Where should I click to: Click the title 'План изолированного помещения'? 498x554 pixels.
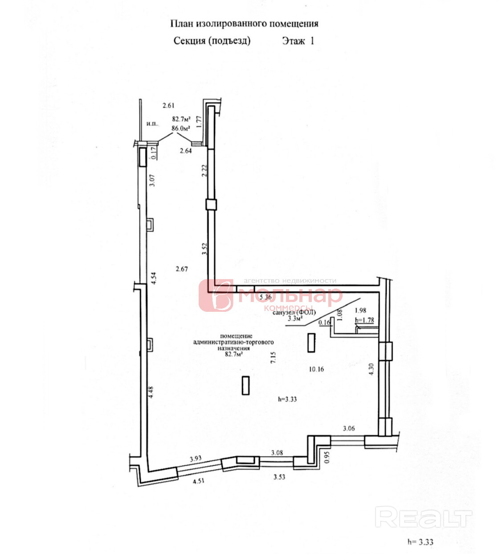click(244, 24)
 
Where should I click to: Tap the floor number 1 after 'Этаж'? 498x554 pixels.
click(312, 41)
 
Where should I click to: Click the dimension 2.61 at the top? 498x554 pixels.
click(168, 106)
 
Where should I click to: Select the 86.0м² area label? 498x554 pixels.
click(181, 128)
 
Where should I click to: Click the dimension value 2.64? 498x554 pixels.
click(186, 151)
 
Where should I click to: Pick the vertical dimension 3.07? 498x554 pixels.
click(152, 180)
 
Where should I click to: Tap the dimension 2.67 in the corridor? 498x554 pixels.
click(182, 269)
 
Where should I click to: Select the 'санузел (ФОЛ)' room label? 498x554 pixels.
click(294, 312)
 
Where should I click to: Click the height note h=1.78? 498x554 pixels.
click(364, 320)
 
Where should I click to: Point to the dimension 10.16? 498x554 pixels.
click(316, 369)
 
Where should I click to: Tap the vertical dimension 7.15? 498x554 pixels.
click(273, 358)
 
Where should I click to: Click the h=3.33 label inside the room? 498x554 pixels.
click(287, 399)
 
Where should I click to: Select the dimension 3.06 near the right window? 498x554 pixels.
click(349, 428)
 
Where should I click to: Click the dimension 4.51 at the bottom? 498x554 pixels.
click(199, 481)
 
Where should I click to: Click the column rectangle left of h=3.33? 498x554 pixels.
click(245, 385)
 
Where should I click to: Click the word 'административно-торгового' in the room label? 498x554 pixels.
click(233, 342)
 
